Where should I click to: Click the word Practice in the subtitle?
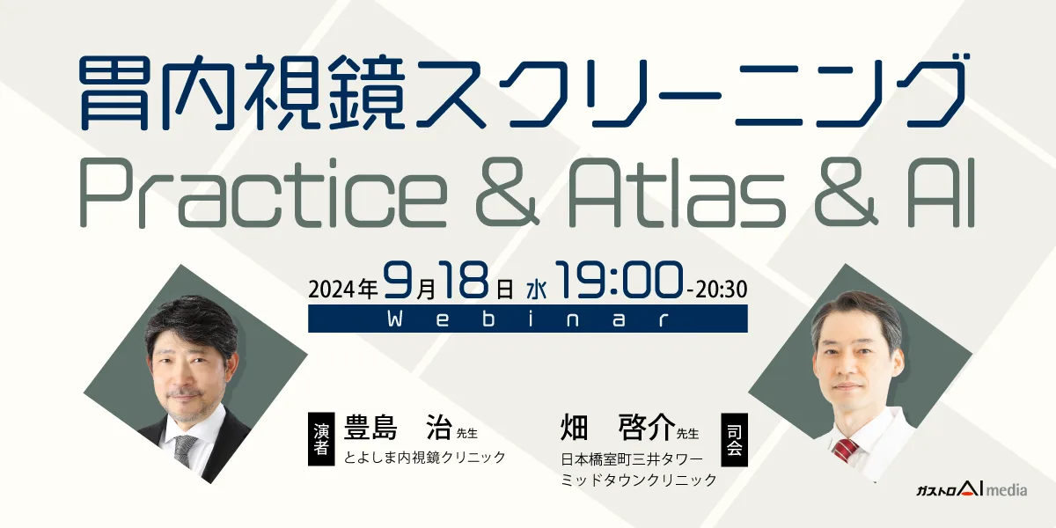(x=263, y=194)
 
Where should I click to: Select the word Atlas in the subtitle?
(x=677, y=193)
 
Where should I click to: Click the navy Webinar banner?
(x=527, y=319)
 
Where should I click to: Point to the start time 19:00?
(x=619, y=281)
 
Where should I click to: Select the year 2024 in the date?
(x=333, y=289)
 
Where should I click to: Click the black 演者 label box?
(x=321, y=439)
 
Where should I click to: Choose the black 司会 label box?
(x=735, y=440)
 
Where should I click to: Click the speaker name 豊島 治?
(x=399, y=428)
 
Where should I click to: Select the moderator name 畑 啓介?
(x=618, y=427)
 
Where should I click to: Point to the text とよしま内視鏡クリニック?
(x=425, y=458)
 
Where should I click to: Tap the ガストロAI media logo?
(x=972, y=489)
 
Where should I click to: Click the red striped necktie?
(x=846, y=451)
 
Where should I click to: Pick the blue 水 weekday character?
(x=537, y=290)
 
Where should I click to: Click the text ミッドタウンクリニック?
(x=639, y=480)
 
